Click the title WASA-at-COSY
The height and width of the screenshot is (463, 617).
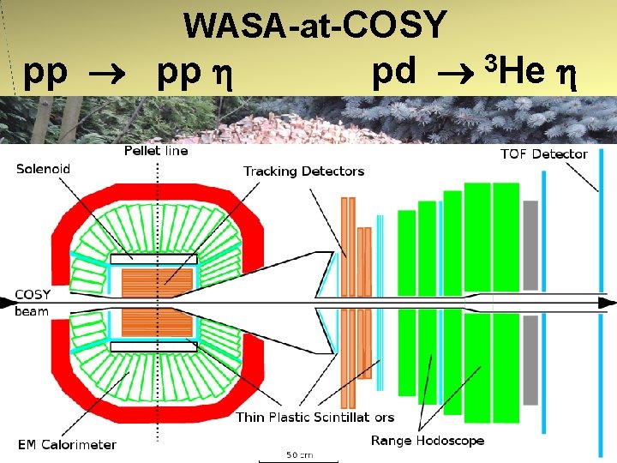tap(315, 25)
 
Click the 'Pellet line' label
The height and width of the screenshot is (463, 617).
tap(156, 151)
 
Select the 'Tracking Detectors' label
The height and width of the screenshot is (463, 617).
tap(303, 171)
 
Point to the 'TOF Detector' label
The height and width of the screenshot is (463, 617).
tap(543, 154)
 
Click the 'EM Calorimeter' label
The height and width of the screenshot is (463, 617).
tap(67, 444)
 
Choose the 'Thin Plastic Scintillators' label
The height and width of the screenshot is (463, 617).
tap(314, 418)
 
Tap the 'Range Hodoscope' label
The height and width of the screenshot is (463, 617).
tap(427, 441)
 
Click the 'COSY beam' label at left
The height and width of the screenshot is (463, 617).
tap(32, 303)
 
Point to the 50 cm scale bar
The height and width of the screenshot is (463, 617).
tap(300, 454)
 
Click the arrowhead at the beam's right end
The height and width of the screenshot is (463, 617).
tap(607, 303)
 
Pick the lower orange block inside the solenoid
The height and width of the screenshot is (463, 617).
tap(156, 322)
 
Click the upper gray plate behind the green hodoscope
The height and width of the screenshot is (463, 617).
tap(530, 244)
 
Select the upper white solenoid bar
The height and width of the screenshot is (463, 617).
tap(154, 258)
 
